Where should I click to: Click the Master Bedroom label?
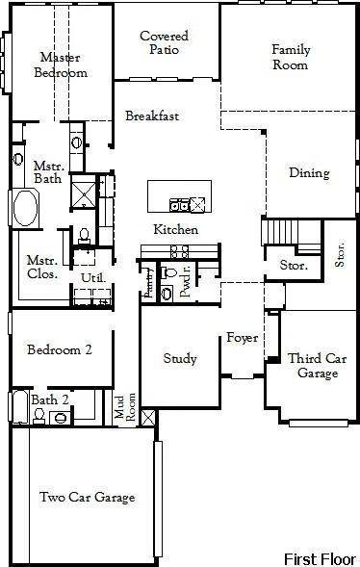point(61,64)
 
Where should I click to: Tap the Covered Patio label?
point(164,43)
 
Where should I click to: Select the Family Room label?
point(290,57)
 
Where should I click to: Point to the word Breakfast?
point(152,116)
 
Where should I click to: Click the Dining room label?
point(309,173)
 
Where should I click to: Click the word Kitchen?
point(176,230)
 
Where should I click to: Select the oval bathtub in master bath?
point(24,208)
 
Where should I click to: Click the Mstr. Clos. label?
point(41,267)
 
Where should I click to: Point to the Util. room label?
point(92,278)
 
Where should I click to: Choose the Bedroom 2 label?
point(59,349)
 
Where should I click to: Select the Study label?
point(180,359)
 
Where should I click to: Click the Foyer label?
point(240,338)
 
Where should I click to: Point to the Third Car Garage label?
point(317,366)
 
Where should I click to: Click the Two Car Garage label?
point(87,498)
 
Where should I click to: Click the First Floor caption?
point(320,558)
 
